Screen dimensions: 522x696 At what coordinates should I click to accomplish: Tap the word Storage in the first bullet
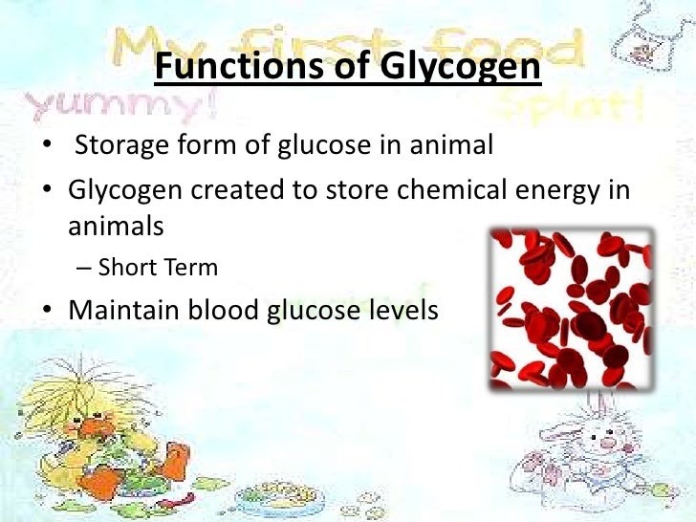pos(124,147)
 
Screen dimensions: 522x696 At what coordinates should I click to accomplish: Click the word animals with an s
pos(116,227)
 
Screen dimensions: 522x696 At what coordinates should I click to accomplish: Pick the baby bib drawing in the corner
pos(649,38)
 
